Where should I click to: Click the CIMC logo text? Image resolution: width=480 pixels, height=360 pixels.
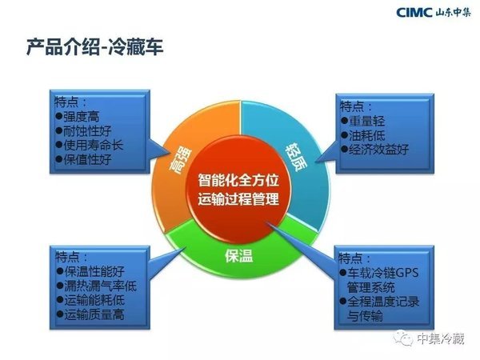[x=414, y=12]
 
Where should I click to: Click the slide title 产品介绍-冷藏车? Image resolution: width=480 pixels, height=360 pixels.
[x=94, y=47]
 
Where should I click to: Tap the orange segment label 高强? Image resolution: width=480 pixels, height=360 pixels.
[x=180, y=161]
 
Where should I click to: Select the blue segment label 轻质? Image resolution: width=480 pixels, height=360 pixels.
[x=296, y=157]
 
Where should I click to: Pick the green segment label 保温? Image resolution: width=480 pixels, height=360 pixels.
[x=238, y=256]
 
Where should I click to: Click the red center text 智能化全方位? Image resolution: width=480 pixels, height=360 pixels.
[x=238, y=180]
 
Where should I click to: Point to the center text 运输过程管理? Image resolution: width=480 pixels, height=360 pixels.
[x=238, y=199]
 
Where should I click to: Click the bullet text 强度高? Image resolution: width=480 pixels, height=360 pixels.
[x=81, y=117]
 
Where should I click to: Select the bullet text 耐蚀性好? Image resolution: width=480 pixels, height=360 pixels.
[x=87, y=131]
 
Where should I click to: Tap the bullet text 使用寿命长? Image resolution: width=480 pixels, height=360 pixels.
[x=94, y=145]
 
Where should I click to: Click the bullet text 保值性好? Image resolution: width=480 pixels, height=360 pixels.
[x=87, y=159]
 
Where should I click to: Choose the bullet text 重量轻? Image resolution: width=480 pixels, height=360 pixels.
[x=366, y=121]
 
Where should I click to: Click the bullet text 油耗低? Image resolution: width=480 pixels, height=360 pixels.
[x=366, y=135]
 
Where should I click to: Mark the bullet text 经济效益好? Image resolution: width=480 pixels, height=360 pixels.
[x=379, y=150]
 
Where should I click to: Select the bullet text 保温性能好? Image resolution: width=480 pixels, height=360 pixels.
[x=94, y=271]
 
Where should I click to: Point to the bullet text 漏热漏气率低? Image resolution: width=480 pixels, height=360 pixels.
[x=101, y=286]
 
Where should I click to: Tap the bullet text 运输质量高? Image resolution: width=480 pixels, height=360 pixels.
[x=94, y=314]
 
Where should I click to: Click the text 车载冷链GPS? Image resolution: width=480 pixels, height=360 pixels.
[x=382, y=273]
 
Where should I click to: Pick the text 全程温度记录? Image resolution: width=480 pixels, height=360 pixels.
[x=383, y=302]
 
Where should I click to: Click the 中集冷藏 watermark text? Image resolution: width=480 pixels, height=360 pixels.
[x=441, y=338]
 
